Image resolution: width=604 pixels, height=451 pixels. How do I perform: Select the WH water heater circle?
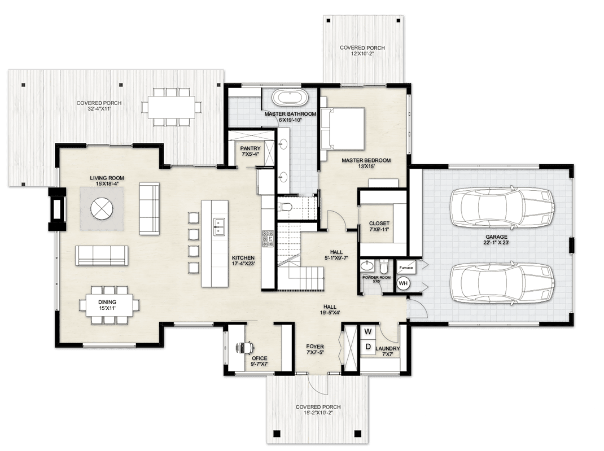403,283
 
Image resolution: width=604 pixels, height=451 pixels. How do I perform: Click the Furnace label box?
405,268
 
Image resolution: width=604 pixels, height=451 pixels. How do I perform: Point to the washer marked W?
367,331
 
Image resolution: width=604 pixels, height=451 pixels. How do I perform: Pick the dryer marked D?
367,346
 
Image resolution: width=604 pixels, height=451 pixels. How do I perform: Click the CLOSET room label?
379,224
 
